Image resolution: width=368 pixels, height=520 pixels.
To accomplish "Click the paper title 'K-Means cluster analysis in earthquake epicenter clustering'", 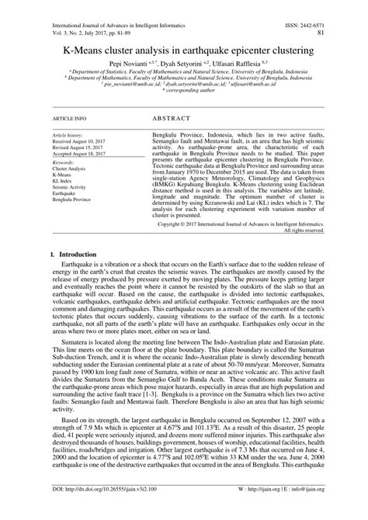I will [184, 48].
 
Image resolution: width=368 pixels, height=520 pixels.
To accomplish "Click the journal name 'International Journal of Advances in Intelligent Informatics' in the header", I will [113, 5].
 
